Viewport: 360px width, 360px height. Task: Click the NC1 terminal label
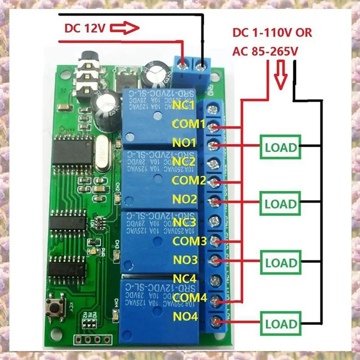183,106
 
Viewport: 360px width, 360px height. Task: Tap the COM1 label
189,124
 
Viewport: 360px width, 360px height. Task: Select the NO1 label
184,143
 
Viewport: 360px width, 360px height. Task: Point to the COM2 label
189,180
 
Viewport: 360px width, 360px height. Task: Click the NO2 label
185,199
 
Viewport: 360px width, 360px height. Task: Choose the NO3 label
185,260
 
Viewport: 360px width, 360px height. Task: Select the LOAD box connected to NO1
281,147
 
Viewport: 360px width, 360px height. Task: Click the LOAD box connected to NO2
281,203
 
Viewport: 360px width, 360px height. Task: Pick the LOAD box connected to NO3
281,262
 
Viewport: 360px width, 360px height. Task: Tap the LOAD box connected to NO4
281,323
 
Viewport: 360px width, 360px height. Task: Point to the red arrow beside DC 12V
123,29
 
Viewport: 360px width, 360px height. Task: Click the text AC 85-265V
265,52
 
